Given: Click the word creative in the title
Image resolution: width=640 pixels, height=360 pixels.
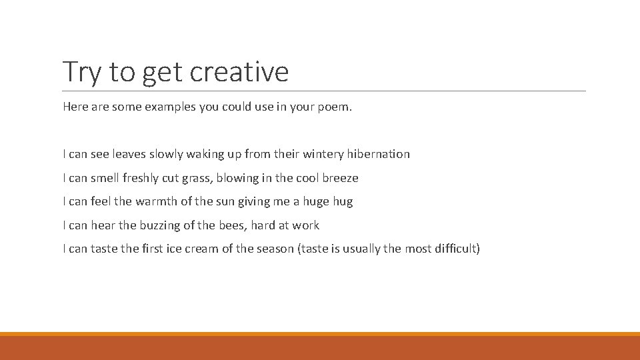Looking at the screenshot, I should tap(239, 71).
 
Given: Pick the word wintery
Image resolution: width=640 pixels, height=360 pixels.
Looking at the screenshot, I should tap(323, 154).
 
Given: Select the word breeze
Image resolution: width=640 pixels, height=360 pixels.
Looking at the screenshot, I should tap(340, 178).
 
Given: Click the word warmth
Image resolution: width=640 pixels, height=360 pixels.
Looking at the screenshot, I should tap(157, 201).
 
